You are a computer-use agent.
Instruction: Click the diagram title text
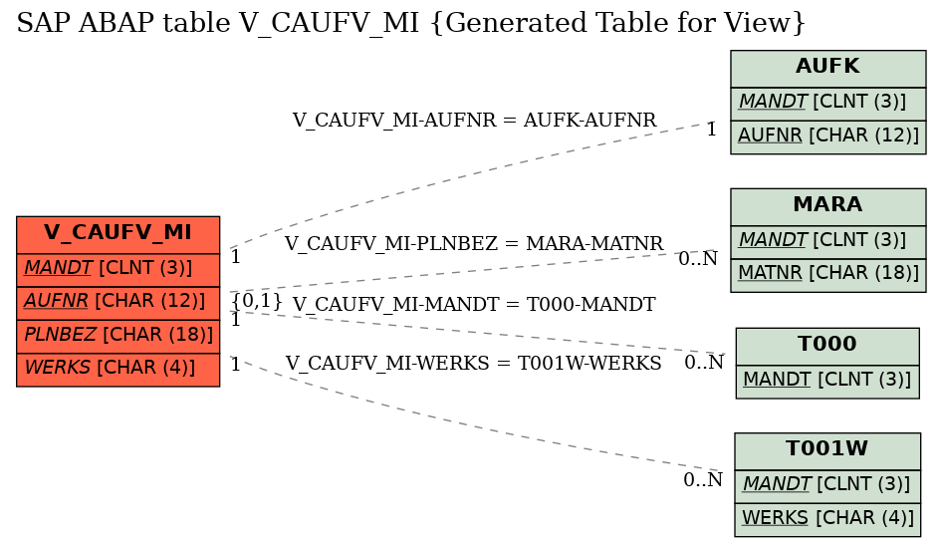pyautogui.click(x=410, y=23)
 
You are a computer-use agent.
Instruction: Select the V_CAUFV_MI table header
pyautogui.click(x=118, y=233)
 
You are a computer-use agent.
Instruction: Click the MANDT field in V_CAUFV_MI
pyautogui.click(x=118, y=267)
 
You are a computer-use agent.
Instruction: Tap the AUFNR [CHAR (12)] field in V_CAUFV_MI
pyautogui.click(x=118, y=301)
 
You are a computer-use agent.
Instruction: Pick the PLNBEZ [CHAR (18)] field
pyautogui.click(x=118, y=335)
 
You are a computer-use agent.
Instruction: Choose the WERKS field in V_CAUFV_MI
pyautogui.click(x=118, y=369)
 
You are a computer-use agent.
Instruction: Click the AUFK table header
pyautogui.click(x=827, y=68)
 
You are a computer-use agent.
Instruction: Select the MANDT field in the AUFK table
pyautogui.click(x=827, y=102)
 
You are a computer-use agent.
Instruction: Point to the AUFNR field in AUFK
pyautogui.click(x=827, y=136)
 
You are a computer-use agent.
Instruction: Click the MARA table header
pyautogui.click(x=827, y=205)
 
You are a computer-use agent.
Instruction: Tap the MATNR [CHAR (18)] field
pyautogui.click(x=827, y=273)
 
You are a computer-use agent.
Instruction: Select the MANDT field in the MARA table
pyautogui.click(x=827, y=239)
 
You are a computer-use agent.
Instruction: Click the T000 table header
pyautogui.click(x=826, y=345)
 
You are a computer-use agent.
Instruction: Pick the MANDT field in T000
pyautogui.click(x=826, y=379)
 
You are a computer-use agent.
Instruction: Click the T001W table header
pyautogui.click(x=826, y=449)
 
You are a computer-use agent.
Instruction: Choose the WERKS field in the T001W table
pyautogui.click(x=826, y=517)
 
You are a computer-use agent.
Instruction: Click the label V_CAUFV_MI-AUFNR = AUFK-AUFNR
pyautogui.click(x=474, y=121)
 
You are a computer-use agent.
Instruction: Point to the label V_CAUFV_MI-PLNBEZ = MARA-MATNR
pyautogui.click(x=474, y=244)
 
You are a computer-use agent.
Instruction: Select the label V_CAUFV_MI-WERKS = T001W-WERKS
pyautogui.click(x=474, y=364)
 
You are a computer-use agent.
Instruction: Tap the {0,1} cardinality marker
pyautogui.click(x=257, y=300)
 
